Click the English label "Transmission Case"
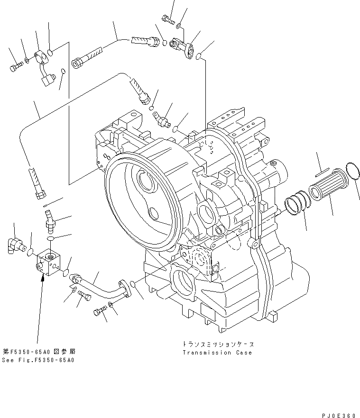(217, 353)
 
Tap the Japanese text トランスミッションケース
(217, 344)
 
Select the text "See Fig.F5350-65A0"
(38, 360)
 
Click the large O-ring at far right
(352, 172)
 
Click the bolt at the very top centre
(168, 19)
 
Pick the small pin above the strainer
(321, 171)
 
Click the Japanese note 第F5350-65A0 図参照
(38, 352)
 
